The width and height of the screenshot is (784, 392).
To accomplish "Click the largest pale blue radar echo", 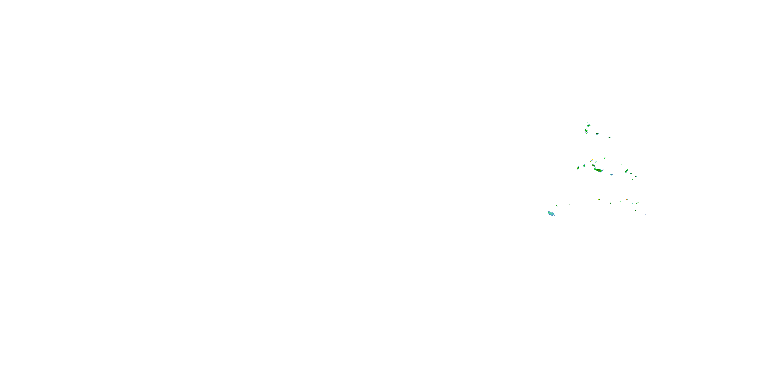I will pos(551,214).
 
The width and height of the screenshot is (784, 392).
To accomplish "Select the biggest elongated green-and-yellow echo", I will pos(598,170).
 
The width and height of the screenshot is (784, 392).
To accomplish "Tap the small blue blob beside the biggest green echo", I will pos(611,175).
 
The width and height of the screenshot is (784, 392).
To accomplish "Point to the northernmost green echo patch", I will pos(589,125).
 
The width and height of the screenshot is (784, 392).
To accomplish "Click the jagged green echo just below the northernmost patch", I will pos(586,131).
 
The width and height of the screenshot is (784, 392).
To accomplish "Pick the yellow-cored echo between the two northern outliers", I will pos(597,134).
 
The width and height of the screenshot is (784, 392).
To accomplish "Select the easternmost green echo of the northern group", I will pos(609,137).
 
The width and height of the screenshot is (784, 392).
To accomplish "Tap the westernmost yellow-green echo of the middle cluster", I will pos(578,168).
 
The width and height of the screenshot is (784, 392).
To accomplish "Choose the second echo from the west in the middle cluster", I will pos(584,166).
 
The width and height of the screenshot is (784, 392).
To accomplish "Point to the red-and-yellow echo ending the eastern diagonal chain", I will pos(636,176).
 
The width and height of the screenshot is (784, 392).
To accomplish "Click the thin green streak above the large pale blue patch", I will pos(557,206).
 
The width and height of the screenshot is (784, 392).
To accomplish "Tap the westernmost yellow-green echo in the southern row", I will pos(599,199).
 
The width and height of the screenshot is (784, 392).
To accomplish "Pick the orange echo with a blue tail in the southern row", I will pos(627,200).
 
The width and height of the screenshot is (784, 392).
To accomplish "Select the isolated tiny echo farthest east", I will pos(658,198).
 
